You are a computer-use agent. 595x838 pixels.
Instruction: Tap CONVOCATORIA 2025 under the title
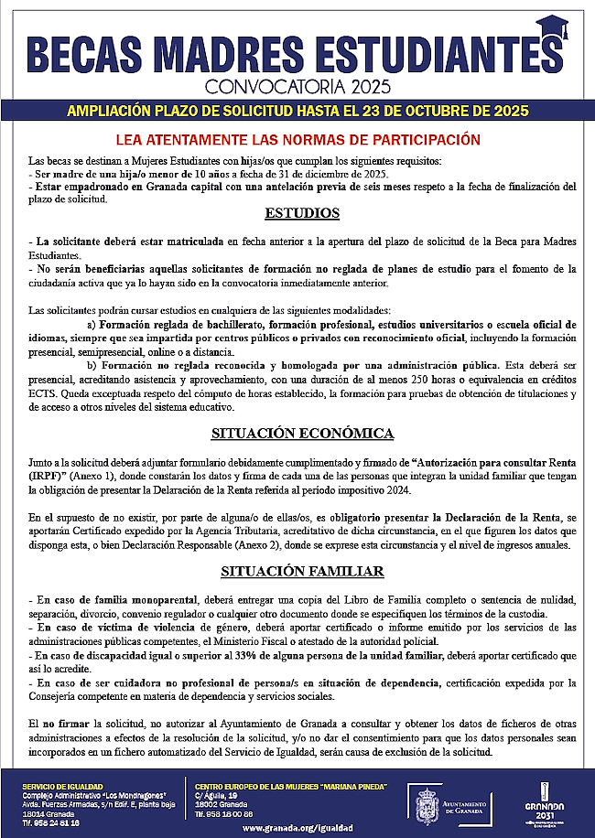tap(297, 88)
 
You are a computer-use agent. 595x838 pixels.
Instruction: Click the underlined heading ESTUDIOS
tap(302, 214)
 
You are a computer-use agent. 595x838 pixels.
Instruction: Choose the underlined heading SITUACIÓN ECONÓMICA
tap(302, 432)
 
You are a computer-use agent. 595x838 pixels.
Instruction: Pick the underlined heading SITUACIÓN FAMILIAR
tap(302, 572)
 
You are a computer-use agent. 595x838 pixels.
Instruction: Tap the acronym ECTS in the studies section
tap(43, 393)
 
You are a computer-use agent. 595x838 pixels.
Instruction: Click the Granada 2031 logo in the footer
tap(546, 801)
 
